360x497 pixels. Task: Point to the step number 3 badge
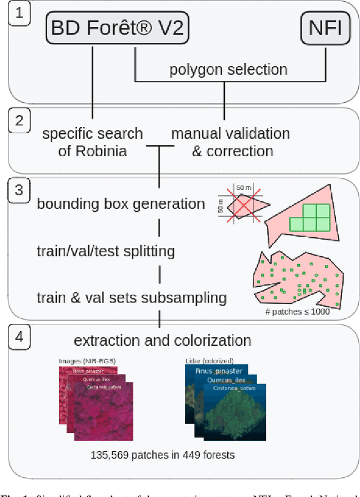(x=20, y=189)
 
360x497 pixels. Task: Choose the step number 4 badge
(x=20, y=337)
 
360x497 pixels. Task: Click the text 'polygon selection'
(x=228, y=70)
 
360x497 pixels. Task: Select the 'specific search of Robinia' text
(x=93, y=142)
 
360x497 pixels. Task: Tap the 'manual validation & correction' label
(x=230, y=142)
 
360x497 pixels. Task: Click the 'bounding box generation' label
(x=120, y=204)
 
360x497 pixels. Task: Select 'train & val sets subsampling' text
(x=132, y=297)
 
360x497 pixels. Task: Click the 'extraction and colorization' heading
(x=163, y=340)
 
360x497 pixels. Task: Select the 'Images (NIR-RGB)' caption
(x=83, y=360)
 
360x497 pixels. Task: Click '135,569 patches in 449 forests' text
(x=163, y=455)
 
